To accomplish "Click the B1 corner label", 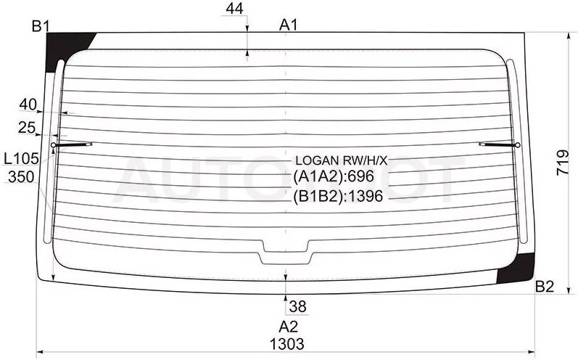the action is point(41,26).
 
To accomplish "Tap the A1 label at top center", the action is point(288,25).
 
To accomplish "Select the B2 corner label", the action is point(545,286).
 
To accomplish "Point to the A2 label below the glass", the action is point(288,327).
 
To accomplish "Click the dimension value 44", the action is point(235,9).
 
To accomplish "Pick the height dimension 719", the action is point(563,163).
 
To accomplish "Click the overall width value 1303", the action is point(287,344).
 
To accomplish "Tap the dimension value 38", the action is point(298,306).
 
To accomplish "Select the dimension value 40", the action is point(28,105).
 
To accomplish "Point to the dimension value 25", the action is point(27,128).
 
